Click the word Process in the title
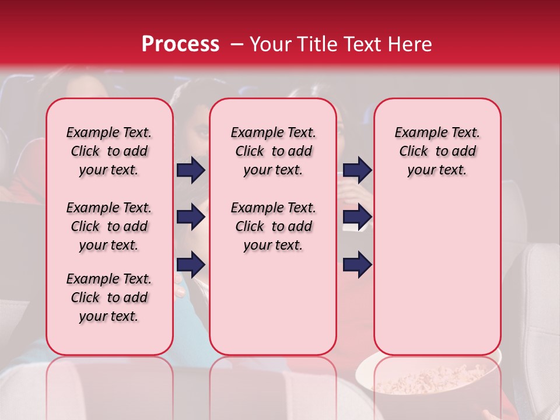pyautogui.click(x=180, y=44)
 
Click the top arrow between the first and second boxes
pyautogui.click(x=191, y=170)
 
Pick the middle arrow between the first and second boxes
pyautogui.click(x=191, y=218)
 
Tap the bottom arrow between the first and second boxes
pyautogui.click(x=191, y=265)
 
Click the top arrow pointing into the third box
pyautogui.click(x=357, y=170)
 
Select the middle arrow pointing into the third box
pyautogui.click(x=357, y=218)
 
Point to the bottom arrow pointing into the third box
pyautogui.click(x=357, y=265)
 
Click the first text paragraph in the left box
pyautogui.click(x=109, y=151)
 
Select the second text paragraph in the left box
pyautogui.click(x=109, y=226)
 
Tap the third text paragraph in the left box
pyautogui.click(x=109, y=297)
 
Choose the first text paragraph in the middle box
pyautogui.click(x=273, y=151)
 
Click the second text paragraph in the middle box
pyautogui.click(x=273, y=226)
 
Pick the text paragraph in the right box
pyautogui.click(x=437, y=151)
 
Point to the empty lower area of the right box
pyautogui.click(x=437, y=274)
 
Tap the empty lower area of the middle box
pyautogui.click(x=273, y=303)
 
